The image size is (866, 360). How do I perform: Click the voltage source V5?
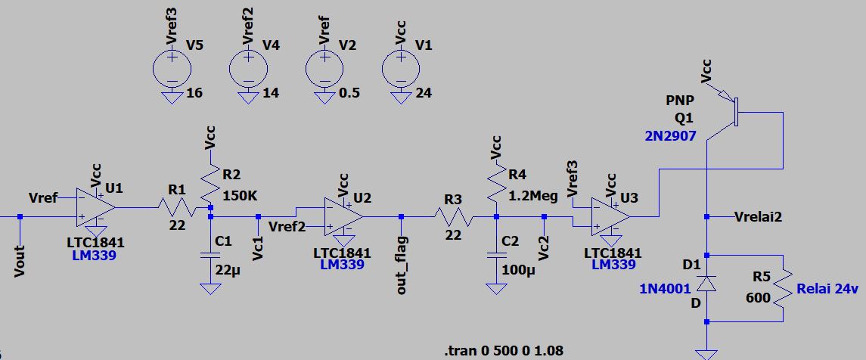tap(172, 68)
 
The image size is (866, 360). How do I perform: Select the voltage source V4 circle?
tap(248, 68)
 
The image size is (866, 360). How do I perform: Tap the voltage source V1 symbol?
tap(401, 68)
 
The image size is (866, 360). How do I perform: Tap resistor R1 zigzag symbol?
tap(175, 206)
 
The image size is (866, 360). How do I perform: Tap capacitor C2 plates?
tap(496, 254)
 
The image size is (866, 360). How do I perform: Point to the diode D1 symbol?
tap(706, 284)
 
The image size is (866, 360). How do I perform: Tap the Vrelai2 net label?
tap(757, 217)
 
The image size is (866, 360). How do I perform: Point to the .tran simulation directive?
tap(504, 350)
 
